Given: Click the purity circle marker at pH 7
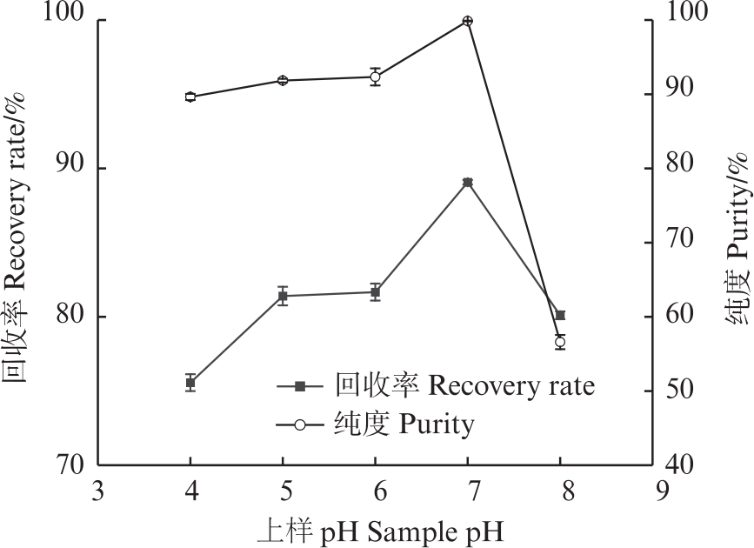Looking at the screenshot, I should click(467, 21).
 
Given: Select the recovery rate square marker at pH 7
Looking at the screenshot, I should click(467, 183).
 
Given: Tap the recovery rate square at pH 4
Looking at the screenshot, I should click(190, 383).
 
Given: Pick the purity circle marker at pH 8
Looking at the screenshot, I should click(560, 343).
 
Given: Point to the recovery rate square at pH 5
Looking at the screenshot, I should click(283, 296).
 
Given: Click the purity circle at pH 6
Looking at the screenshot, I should click(375, 77).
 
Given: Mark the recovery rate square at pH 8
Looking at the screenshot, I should click(560, 315).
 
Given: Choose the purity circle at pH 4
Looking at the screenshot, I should click(190, 97).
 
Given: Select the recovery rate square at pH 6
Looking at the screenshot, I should click(375, 292).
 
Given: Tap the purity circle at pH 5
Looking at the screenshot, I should click(283, 81).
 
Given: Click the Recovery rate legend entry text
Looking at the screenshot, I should click(464, 385).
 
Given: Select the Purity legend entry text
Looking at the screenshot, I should click(404, 425).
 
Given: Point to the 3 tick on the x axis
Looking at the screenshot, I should click(98, 491).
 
